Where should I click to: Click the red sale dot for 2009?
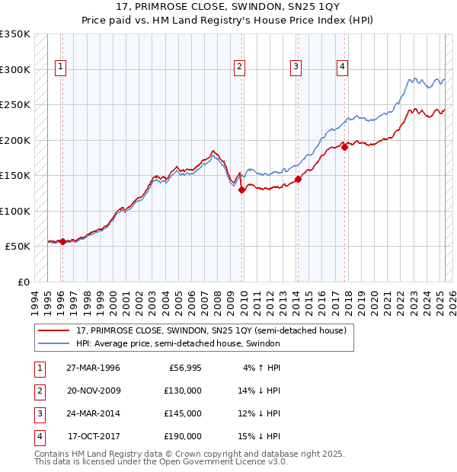click(242, 190)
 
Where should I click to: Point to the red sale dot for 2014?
click(298, 180)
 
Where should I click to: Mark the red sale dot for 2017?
click(345, 148)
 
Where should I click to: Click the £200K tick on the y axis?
click(15, 140)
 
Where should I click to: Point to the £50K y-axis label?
click(18, 247)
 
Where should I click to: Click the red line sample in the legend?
click(55, 330)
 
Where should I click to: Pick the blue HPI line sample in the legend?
click(55, 343)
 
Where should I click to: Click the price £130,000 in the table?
click(183, 391)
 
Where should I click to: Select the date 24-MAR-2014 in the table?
click(93, 413)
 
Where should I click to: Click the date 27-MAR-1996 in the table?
click(93, 368)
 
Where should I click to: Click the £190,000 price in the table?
click(183, 436)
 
